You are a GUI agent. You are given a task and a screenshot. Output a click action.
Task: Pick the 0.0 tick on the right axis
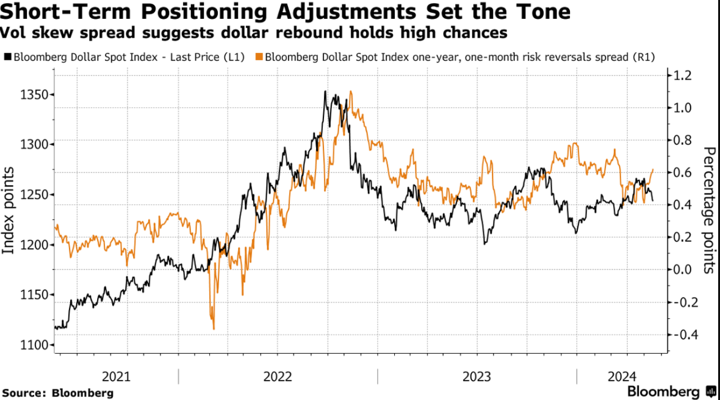coord(682,270)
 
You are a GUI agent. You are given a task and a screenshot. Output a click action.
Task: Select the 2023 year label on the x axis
coord(476,376)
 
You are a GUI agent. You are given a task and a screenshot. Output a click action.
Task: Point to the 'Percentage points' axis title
coord(709,210)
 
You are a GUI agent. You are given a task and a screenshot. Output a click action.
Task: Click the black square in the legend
coord(7,57)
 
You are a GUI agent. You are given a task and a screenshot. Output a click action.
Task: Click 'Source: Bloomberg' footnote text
coord(58,392)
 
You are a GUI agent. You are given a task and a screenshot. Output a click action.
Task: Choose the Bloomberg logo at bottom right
coord(671,391)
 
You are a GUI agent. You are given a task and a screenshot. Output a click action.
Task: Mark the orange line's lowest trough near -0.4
coord(214,329)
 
